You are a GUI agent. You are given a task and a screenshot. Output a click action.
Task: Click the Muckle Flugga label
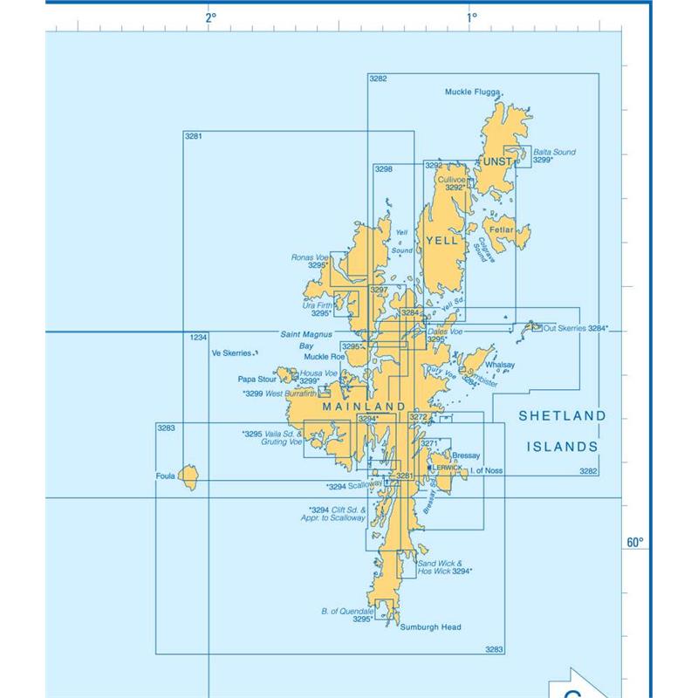click(470, 92)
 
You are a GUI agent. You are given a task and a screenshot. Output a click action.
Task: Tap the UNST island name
click(498, 162)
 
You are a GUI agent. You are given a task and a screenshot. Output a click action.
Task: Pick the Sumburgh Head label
click(430, 627)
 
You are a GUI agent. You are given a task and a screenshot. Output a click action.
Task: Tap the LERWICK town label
click(448, 468)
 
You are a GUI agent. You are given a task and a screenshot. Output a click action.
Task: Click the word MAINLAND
click(364, 407)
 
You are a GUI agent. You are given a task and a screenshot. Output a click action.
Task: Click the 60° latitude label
click(634, 543)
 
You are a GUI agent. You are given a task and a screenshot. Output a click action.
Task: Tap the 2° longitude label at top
click(210, 17)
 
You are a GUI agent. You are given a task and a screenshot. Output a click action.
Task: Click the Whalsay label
click(500, 366)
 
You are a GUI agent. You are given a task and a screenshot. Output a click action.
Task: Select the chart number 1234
click(198, 337)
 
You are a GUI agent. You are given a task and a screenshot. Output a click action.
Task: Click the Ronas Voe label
click(310, 257)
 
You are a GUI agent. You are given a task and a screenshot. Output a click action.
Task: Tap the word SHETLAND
click(562, 417)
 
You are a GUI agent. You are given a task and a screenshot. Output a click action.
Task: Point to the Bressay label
click(467, 455)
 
